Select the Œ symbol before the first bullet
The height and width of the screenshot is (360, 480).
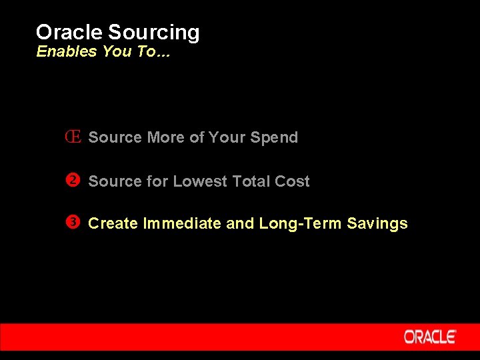pos(73,137)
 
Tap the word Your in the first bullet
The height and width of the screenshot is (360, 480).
pos(227,137)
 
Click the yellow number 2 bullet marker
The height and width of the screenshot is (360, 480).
pos(74,181)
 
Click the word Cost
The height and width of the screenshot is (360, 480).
pos(293,181)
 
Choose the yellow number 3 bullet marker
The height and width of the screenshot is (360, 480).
pos(74,223)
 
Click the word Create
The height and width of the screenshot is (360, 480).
pos(113,223)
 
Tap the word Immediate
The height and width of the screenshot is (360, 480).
pos(183,223)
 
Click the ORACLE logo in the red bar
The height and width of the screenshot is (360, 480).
pos(429,337)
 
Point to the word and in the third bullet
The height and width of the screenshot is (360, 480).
pos(240,223)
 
